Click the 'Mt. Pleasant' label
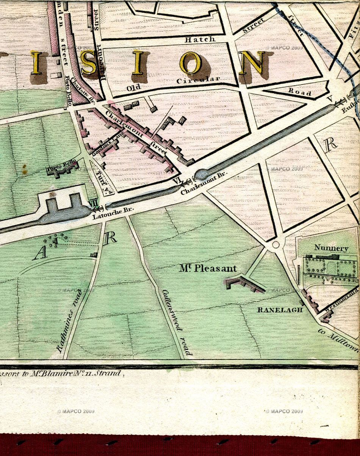208,269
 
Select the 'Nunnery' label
331,248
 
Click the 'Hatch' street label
200,39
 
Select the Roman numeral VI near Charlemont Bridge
177,181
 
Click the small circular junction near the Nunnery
275,244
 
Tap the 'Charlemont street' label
136,132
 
